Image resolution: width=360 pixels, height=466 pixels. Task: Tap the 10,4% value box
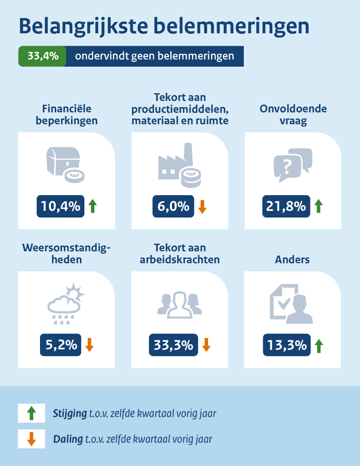click(61, 206)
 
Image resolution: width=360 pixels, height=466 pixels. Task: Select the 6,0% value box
click(173, 206)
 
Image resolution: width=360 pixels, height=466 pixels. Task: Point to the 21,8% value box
click(286, 206)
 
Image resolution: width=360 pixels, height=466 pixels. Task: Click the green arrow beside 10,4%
click(92, 206)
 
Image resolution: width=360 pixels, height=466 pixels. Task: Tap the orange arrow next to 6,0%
click(202, 206)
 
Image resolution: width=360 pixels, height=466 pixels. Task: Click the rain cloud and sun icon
click(65, 303)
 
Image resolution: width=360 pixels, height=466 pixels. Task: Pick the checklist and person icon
click(291, 303)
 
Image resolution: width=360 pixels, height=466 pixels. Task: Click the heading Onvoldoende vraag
click(293, 115)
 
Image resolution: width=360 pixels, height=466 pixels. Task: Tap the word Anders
click(292, 260)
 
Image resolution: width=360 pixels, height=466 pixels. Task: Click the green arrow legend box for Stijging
click(31, 413)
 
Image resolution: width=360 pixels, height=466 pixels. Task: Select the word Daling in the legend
click(68, 439)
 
